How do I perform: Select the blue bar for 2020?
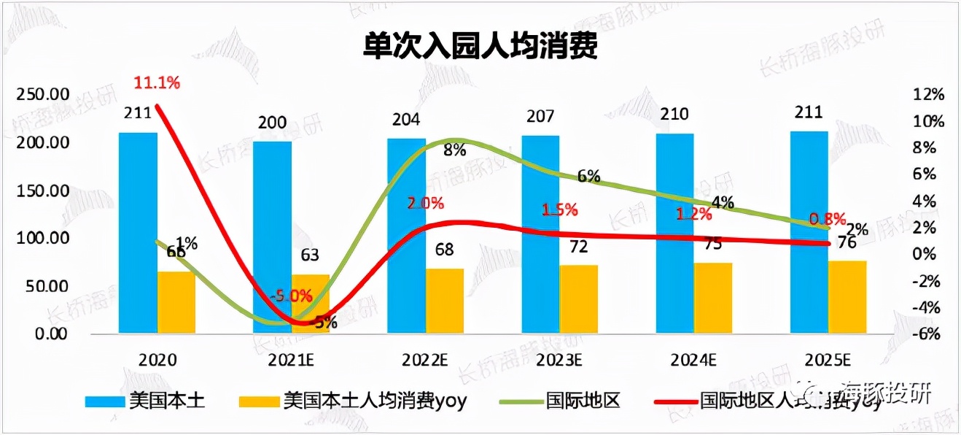[138, 233]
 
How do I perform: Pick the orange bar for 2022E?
[445, 301]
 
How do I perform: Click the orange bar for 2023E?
[579, 299]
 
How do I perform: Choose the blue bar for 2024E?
[674, 234]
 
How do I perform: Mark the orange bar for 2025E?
[847, 297]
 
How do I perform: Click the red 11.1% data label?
[156, 82]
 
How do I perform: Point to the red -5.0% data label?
[291, 296]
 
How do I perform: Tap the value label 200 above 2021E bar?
[272, 123]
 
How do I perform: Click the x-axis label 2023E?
[560, 360]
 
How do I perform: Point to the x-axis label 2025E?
[828, 360]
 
